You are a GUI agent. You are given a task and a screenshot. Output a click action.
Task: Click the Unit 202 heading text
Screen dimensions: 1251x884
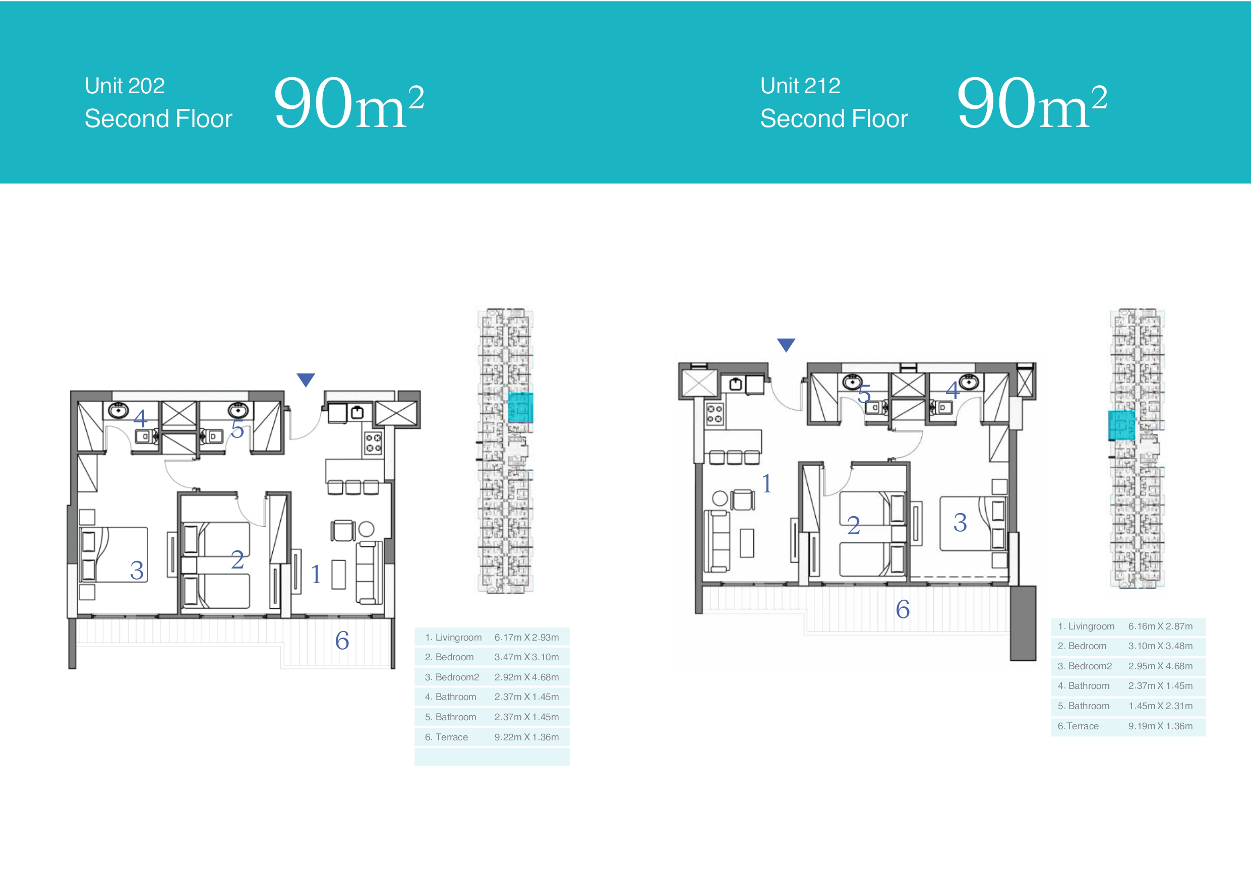coord(125,86)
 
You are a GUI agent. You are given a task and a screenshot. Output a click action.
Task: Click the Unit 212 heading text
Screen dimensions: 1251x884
coord(800,86)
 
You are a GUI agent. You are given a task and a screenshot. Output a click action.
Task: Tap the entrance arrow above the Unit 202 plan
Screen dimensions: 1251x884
coord(306,379)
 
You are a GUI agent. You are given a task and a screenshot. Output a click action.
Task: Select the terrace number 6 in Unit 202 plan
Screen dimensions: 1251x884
coord(342,641)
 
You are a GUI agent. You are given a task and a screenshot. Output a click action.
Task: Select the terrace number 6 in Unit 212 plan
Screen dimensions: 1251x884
coord(903,609)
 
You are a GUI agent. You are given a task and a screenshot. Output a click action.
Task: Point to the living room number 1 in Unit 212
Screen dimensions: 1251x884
coord(766,483)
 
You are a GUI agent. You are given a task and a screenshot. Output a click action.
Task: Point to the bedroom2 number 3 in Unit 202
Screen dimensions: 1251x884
coord(137,571)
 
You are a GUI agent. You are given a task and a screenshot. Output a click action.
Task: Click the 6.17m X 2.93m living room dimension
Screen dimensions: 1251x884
coord(526,637)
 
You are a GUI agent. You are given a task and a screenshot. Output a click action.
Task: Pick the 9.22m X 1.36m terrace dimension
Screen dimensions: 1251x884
coord(526,737)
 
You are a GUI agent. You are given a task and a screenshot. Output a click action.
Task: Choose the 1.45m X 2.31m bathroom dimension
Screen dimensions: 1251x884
coord(1160,706)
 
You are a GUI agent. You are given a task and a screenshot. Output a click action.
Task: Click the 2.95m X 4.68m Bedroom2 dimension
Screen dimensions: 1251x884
coord(1160,666)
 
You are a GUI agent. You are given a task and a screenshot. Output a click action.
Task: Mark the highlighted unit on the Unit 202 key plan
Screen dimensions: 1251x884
coord(520,407)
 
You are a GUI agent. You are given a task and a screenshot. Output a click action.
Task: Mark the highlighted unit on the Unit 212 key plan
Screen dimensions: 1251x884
coord(1122,425)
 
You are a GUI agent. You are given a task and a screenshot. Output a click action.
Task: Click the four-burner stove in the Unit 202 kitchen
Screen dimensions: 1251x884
coord(373,443)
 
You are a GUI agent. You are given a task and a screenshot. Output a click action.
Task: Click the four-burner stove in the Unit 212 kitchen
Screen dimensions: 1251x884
coord(715,414)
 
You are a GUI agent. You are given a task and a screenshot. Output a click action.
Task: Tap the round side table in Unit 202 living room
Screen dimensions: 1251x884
coord(366,529)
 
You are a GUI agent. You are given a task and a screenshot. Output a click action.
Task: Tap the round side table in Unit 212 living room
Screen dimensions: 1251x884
coord(721,498)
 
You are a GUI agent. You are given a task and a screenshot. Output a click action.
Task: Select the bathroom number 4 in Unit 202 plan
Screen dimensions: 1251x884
coord(140,418)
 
